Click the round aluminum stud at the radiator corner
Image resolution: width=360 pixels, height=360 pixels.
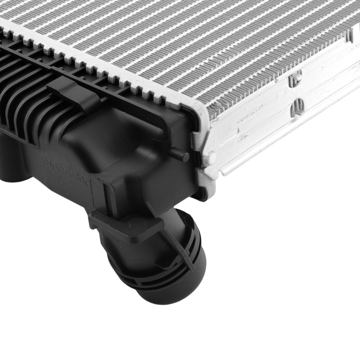(211, 157)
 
